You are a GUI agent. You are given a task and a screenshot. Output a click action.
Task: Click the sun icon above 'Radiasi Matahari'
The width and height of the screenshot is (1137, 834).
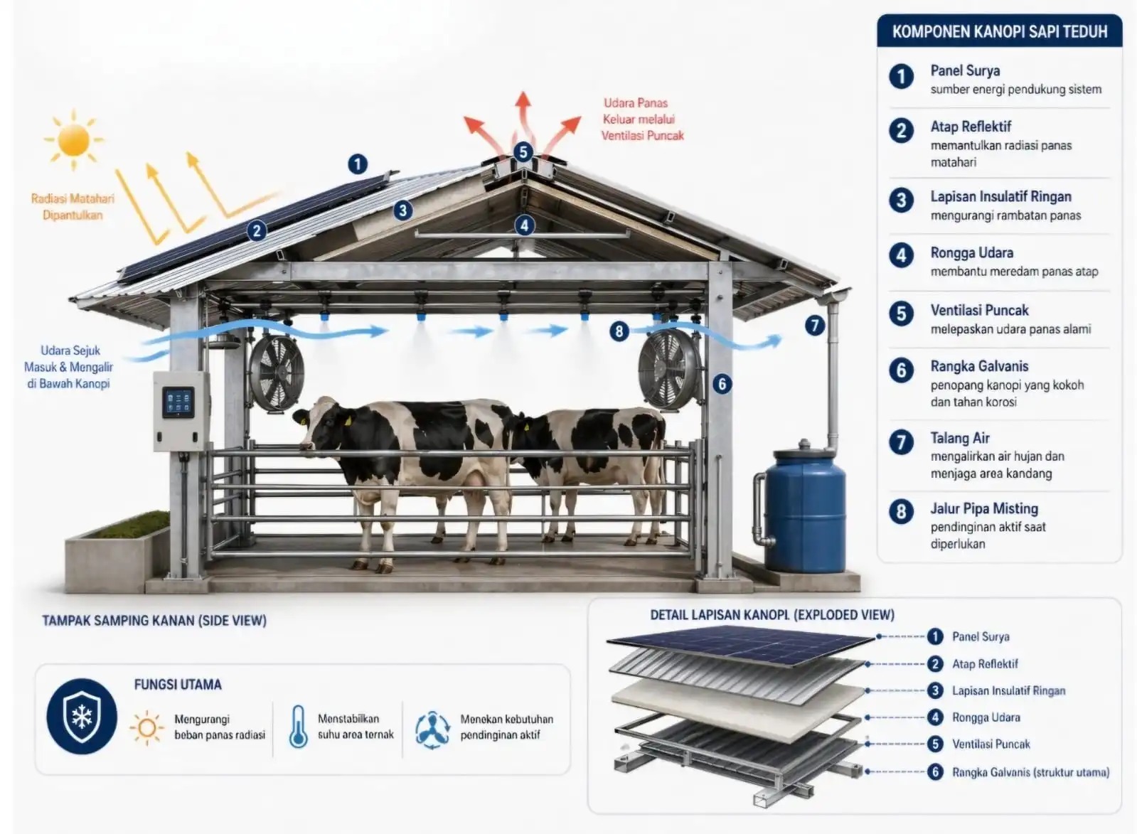coord(74,139)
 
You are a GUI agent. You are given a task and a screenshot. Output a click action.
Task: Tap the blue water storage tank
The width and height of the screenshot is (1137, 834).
coord(804,508)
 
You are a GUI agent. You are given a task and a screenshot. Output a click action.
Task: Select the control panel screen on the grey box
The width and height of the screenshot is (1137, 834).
coord(178,402)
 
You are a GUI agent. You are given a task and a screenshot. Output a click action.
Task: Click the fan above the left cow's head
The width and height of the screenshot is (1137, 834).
coord(277,373)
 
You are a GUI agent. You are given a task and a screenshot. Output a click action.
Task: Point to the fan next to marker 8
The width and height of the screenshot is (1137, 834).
coord(669,369)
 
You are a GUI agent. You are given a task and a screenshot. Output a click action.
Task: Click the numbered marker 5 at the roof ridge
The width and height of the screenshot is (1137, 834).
coord(523,151)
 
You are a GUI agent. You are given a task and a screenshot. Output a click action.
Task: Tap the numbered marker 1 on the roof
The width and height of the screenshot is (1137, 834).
coord(358,164)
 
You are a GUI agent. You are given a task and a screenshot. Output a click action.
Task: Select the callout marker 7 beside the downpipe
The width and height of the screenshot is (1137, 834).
coord(815,326)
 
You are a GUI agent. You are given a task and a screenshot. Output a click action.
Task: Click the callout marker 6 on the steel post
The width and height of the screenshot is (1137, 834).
coord(722,384)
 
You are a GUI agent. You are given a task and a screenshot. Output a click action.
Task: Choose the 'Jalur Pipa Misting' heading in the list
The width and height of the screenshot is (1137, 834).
coord(984,508)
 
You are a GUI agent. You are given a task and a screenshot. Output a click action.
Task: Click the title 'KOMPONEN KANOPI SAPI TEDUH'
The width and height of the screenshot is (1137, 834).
coord(1000,31)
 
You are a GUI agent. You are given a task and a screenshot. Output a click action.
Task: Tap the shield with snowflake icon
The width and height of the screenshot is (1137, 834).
coord(82,716)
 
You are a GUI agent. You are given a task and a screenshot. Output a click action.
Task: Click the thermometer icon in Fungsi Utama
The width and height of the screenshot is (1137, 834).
coord(299,727)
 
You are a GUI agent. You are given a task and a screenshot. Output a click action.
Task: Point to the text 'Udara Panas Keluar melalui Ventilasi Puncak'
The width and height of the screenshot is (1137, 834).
coord(643,119)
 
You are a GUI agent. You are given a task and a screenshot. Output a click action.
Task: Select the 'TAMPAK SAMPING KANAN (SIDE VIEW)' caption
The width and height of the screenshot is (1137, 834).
coord(154,620)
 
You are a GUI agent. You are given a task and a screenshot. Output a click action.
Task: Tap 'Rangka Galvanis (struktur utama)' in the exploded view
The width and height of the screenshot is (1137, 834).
coord(1031,772)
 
